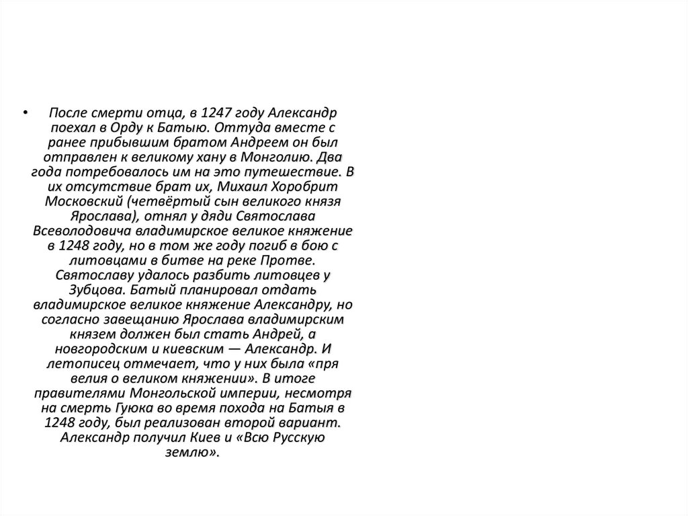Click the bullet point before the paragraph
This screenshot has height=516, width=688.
25,111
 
